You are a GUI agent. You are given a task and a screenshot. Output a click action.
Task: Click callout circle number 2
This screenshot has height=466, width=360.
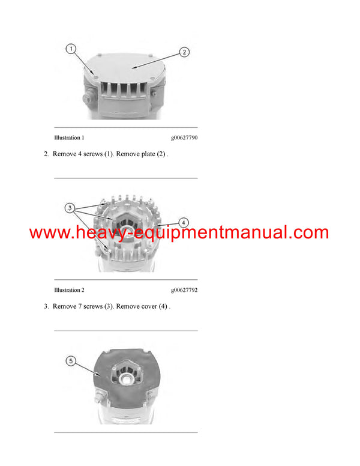pos(185,52)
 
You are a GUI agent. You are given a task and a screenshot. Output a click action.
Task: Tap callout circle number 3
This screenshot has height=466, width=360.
pos(70,208)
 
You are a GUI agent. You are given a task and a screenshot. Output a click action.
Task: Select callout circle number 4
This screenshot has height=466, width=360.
pos(184,222)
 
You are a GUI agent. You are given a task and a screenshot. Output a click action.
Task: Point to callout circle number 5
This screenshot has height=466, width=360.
pos(71,361)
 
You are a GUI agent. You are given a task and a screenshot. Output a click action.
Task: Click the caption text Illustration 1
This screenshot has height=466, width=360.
pos(69,138)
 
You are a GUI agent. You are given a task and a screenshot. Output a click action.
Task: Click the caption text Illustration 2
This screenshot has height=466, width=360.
pos(69,290)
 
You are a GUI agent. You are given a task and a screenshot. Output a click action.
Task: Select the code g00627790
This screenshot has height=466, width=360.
pos(184,138)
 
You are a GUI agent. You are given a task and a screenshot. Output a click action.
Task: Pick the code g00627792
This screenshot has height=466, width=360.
pos(184,290)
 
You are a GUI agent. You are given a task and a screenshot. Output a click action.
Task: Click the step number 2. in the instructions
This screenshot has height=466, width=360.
pos(46,154)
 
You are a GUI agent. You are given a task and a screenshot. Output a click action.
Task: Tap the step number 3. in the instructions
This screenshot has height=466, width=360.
pos(46,306)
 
